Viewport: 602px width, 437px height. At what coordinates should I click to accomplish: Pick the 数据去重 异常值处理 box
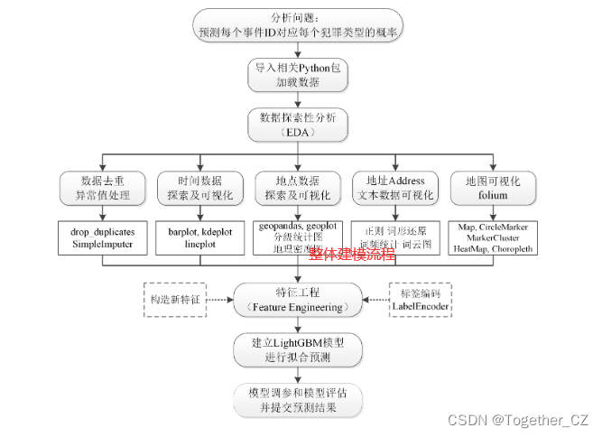(103, 188)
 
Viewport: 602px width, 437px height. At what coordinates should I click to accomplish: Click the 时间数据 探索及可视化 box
(200, 188)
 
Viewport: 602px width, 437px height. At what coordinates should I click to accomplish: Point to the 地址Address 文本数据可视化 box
(394, 188)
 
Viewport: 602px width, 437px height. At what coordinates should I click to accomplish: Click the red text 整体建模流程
(352, 255)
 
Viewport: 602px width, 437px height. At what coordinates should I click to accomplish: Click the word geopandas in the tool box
(281, 224)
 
